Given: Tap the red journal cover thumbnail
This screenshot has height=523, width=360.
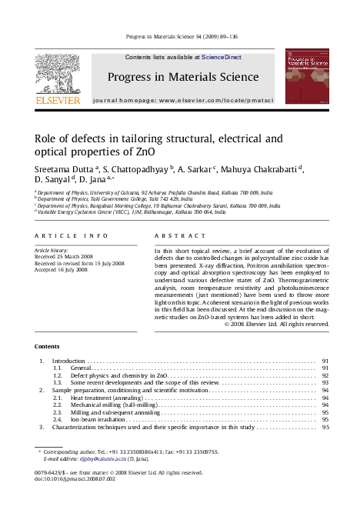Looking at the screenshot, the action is click(306, 77).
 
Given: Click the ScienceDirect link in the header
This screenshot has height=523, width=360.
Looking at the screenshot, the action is click(222, 57).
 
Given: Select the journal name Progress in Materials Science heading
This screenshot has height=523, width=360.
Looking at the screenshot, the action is click(183, 77).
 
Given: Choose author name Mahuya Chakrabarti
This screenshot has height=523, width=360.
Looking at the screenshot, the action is click(262, 169).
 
